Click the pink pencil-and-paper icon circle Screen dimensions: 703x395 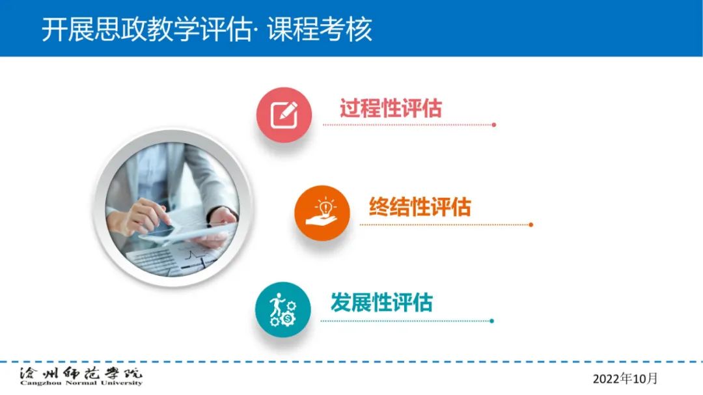click(284, 115)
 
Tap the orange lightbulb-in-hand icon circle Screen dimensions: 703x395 click(322, 213)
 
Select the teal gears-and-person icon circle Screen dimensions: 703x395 click(283, 309)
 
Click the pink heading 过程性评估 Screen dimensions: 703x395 click(391, 108)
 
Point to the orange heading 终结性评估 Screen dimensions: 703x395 click(420, 207)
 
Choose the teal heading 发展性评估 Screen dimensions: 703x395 click(381, 302)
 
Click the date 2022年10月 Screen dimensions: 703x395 click(625, 379)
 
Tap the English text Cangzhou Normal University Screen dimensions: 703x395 click(81, 383)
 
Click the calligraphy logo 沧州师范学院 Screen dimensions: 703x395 click(81, 373)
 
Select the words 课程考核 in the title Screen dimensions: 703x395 click(320, 29)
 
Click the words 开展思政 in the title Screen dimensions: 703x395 click(94, 29)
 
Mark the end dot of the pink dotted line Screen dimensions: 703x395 click(493, 125)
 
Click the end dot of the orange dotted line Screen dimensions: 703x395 click(531, 225)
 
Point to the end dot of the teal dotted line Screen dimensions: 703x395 click(492, 321)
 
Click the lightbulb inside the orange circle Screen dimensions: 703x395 click(325, 207)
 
